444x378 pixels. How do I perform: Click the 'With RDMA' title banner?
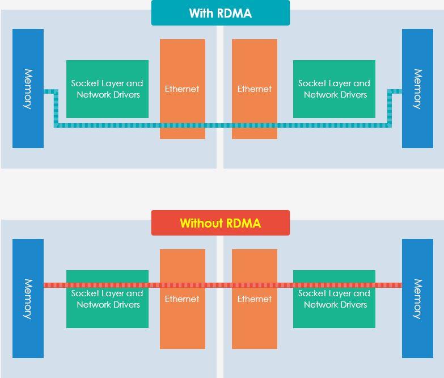tap(220, 13)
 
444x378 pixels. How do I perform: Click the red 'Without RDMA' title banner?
tap(220, 223)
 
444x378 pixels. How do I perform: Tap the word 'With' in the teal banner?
tap(201, 13)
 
